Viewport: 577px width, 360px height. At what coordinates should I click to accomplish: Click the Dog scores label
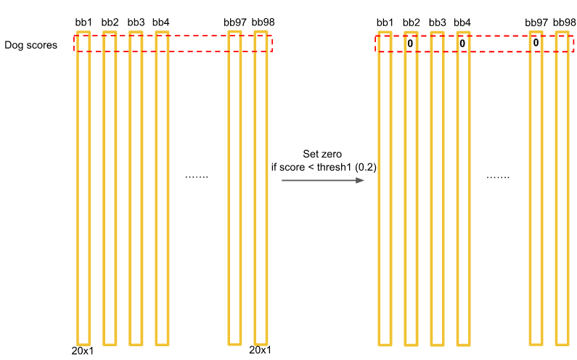tap(30, 45)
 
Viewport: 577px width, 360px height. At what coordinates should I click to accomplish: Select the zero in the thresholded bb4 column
tap(462, 44)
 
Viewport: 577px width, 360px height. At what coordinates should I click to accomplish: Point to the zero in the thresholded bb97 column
tap(536, 43)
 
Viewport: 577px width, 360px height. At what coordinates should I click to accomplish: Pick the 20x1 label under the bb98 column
tap(260, 350)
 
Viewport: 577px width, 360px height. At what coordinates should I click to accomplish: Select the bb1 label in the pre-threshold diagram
tap(83, 22)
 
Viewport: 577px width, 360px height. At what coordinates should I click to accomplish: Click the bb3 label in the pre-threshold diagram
tap(136, 22)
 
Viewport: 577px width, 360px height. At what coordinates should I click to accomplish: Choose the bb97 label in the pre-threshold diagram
tap(235, 22)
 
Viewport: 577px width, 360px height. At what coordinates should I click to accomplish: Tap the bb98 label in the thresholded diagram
tap(564, 22)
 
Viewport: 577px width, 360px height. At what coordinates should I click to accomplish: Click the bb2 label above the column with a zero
tap(411, 22)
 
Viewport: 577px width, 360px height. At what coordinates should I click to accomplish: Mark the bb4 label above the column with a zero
tap(462, 22)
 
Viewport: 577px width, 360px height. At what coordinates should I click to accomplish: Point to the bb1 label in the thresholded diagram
tap(385, 22)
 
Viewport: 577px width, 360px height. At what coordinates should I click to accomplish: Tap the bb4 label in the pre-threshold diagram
tap(161, 22)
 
